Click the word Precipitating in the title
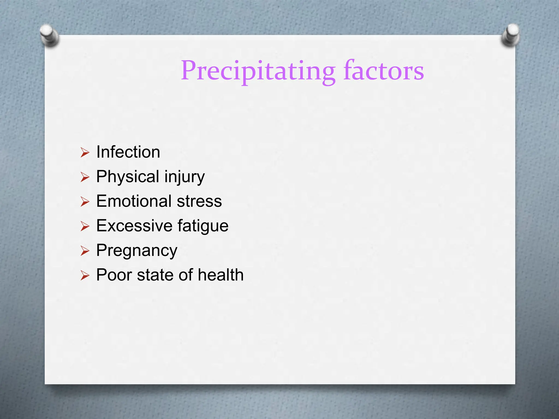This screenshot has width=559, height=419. pyautogui.click(x=258, y=71)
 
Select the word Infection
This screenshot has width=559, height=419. pyautogui.click(x=128, y=152)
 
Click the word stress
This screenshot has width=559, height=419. pyautogui.click(x=199, y=201)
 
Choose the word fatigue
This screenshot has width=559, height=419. pyautogui.click(x=203, y=226)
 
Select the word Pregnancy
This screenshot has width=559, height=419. pyautogui.click(x=137, y=250)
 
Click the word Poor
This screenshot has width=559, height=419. pyautogui.click(x=114, y=275)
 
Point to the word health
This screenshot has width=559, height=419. pyautogui.click(x=221, y=275)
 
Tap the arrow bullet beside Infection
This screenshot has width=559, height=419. pyautogui.click(x=85, y=152)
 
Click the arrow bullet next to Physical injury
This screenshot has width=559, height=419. pyautogui.click(x=85, y=177)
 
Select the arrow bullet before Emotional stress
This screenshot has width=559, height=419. pyautogui.click(x=85, y=202)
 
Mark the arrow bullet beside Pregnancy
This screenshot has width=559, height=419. pyautogui.click(x=85, y=251)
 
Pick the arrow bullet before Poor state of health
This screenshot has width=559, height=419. pyautogui.click(x=85, y=276)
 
